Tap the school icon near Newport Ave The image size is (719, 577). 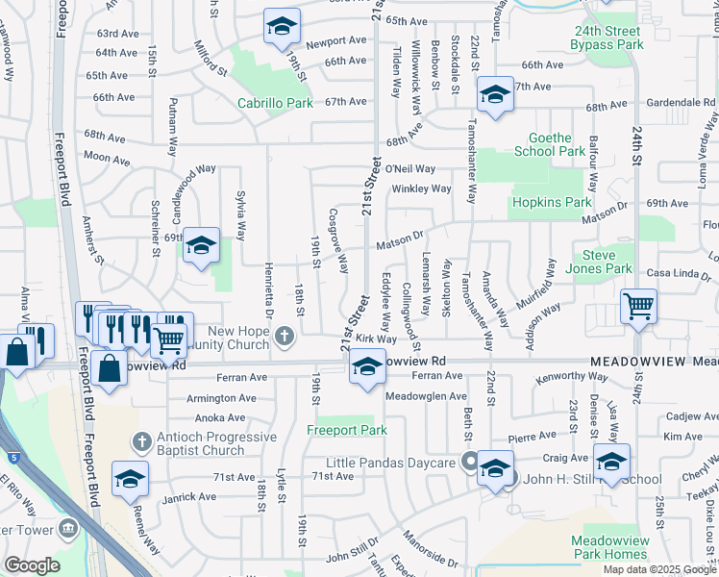(x=282, y=28)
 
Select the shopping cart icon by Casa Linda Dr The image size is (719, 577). (x=638, y=309)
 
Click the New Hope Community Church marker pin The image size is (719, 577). (x=284, y=336)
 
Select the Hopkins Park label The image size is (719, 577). (x=551, y=203)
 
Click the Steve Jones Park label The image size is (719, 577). (x=605, y=262)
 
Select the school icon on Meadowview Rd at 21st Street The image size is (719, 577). (x=366, y=368)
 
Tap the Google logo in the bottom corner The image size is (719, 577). (x=32, y=565)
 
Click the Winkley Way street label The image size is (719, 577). (x=421, y=188)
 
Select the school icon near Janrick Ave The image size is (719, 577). (x=131, y=480)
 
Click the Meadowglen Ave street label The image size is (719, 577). (x=426, y=396)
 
